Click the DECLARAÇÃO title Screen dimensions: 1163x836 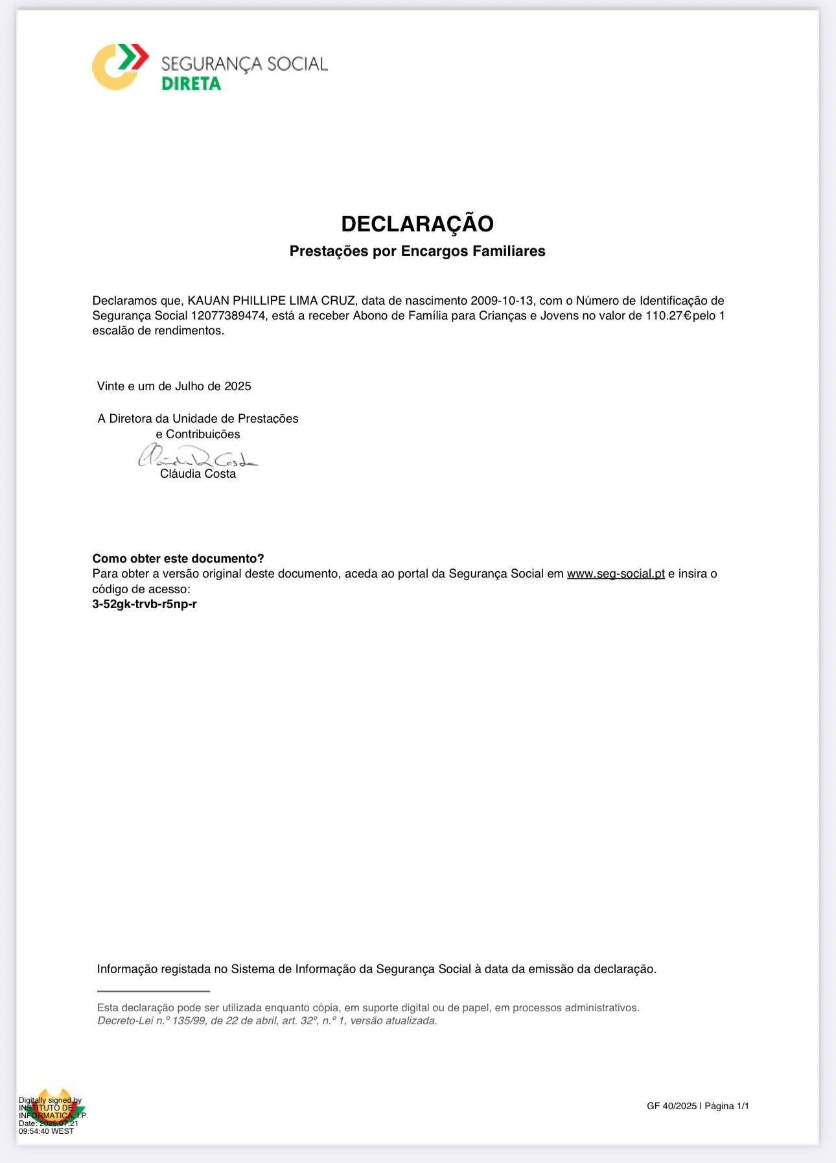click(417, 224)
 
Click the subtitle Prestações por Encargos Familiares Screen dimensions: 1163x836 click(417, 251)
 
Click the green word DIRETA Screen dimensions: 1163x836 click(191, 84)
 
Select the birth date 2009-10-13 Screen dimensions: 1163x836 click(502, 301)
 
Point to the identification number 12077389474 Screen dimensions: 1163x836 click(229, 316)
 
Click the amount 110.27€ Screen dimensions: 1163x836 click(668, 316)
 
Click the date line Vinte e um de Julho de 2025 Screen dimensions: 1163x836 click(174, 386)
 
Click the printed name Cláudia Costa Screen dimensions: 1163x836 click(198, 474)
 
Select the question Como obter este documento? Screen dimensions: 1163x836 click(178, 559)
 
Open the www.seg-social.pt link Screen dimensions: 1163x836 click(616, 574)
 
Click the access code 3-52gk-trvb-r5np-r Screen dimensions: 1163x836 click(145, 604)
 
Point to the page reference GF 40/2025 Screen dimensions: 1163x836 click(671, 1106)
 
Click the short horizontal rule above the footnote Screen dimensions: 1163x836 click(154, 991)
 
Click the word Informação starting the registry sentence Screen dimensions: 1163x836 click(127, 969)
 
